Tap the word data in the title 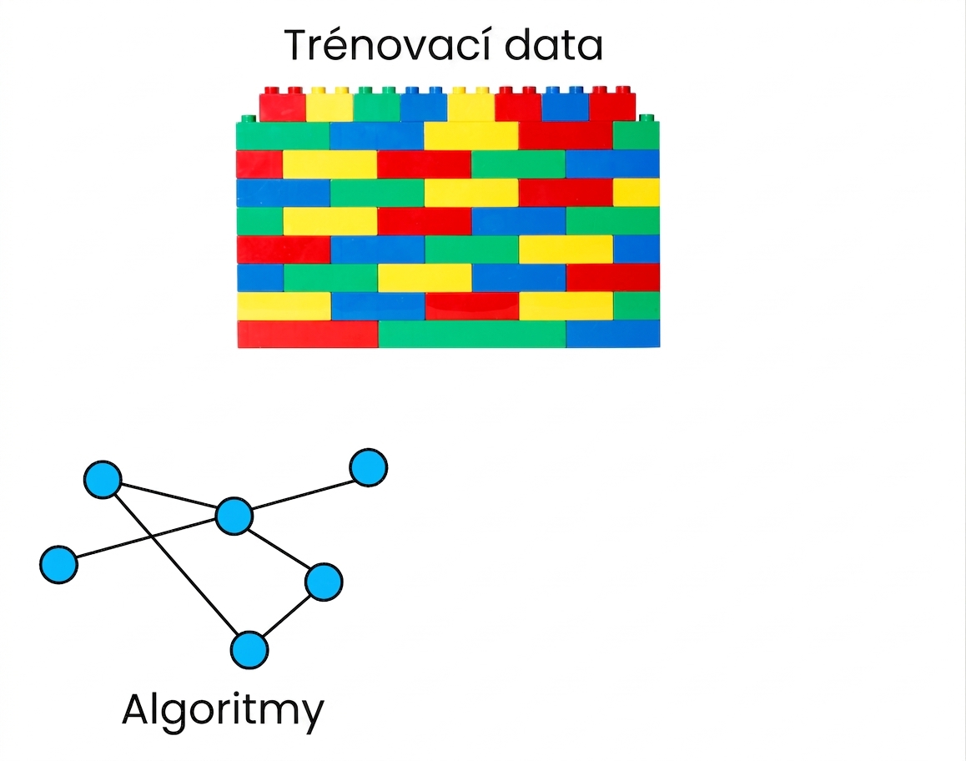(553, 45)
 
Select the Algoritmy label (223, 710)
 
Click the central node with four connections (234, 515)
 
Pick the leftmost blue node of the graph (58, 564)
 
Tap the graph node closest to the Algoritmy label (249, 649)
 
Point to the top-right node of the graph (369, 467)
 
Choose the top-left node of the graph (103, 480)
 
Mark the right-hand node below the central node (324, 582)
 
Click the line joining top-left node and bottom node (175, 564)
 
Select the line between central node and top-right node (301, 491)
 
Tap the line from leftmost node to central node (146, 540)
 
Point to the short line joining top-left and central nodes (169, 497)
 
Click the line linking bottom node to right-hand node (286, 616)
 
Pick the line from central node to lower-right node (279, 548)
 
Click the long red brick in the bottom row (308, 334)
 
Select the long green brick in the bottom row (472, 334)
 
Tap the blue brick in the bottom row (612, 334)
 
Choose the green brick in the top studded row (376, 105)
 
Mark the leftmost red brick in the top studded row (283, 105)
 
